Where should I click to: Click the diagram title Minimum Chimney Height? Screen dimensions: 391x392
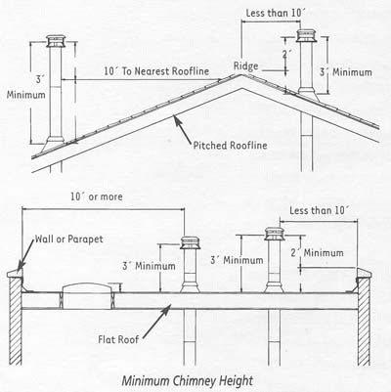(x=188, y=381)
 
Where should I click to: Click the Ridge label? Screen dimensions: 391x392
(x=246, y=66)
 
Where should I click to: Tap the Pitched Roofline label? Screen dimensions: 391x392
(x=231, y=145)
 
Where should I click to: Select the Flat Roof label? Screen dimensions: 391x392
(x=118, y=339)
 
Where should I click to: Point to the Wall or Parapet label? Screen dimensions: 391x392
(x=69, y=240)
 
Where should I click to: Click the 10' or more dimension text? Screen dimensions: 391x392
(x=97, y=196)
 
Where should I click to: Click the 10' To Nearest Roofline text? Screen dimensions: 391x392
(x=156, y=71)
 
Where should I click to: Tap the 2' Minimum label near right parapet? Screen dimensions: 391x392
(x=317, y=253)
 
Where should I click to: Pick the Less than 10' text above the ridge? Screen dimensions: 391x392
(x=276, y=13)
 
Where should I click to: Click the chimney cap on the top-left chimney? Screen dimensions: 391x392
(x=56, y=41)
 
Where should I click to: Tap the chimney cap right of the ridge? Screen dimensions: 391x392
(x=306, y=35)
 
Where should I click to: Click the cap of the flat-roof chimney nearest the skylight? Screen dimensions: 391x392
(x=191, y=242)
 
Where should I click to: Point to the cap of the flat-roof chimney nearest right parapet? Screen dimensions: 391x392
(x=275, y=234)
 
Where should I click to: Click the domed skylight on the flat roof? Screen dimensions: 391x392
(x=87, y=295)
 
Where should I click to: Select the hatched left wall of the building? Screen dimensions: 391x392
(x=16, y=322)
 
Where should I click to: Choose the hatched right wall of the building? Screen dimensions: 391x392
(x=364, y=322)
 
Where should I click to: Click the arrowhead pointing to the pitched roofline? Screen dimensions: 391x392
(x=177, y=120)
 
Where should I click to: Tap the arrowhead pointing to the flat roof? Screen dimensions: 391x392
(x=167, y=309)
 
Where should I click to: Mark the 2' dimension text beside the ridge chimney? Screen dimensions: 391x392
(x=286, y=54)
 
